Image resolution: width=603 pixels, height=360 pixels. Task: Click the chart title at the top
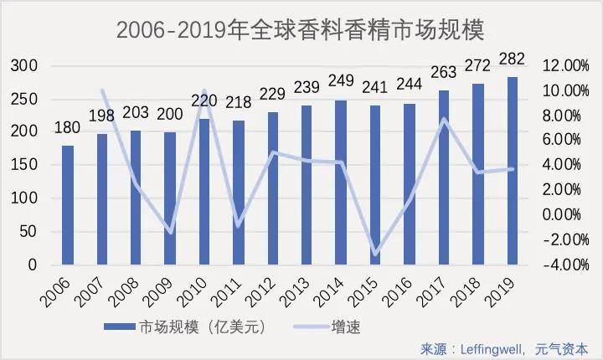(x=301, y=30)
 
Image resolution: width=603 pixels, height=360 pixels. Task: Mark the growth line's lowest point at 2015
(x=375, y=255)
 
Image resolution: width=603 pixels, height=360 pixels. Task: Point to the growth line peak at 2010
(x=204, y=89)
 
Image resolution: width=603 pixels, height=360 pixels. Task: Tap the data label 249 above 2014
(x=342, y=80)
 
